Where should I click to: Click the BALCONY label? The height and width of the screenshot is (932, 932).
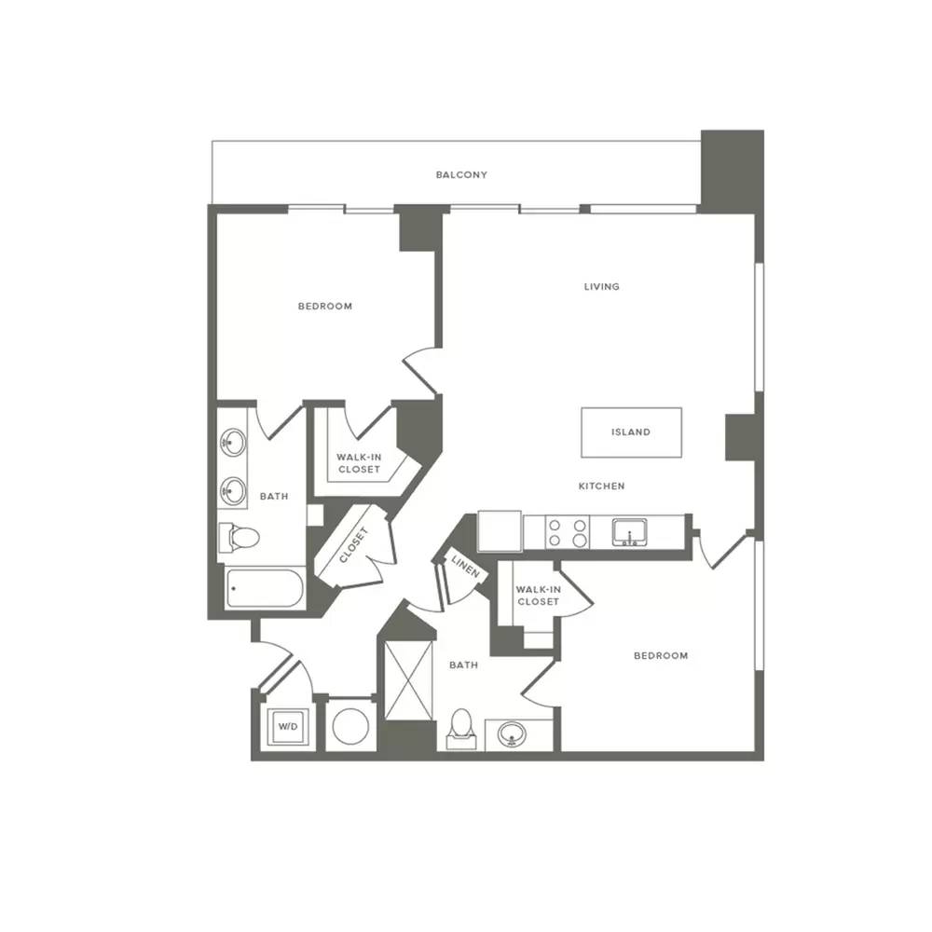coord(461,175)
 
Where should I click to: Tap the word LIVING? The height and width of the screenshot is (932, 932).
coord(601,286)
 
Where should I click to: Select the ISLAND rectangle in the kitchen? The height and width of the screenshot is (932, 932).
coord(631,432)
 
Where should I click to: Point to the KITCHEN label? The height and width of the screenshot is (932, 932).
coord(601,487)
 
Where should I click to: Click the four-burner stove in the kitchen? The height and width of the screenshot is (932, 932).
coord(567,532)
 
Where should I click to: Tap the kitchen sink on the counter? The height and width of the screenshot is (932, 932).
coord(630,532)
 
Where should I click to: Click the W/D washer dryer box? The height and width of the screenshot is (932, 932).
coord(288,726)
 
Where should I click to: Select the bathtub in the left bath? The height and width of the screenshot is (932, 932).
coord(265,588)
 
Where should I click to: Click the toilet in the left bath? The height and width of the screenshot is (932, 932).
coord(239,538)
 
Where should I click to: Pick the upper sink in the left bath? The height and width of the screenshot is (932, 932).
coord(233,442)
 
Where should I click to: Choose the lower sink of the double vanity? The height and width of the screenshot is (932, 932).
coord(233,491)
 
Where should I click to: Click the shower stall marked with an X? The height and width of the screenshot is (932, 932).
coord(409,680)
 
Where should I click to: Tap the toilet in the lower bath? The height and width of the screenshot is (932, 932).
coord(461,729)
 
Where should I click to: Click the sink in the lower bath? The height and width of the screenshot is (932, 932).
coord(512,734)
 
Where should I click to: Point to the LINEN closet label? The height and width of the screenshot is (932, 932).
coord(465,567)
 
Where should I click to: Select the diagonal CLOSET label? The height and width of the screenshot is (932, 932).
coord(354,545)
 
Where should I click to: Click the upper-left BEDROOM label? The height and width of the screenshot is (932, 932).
coord(325,306)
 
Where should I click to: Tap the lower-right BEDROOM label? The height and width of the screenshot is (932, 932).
coord(661,655)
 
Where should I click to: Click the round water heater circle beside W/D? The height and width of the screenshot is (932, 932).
coord(350,726)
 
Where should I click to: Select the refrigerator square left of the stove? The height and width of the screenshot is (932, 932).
coord(500,531)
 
